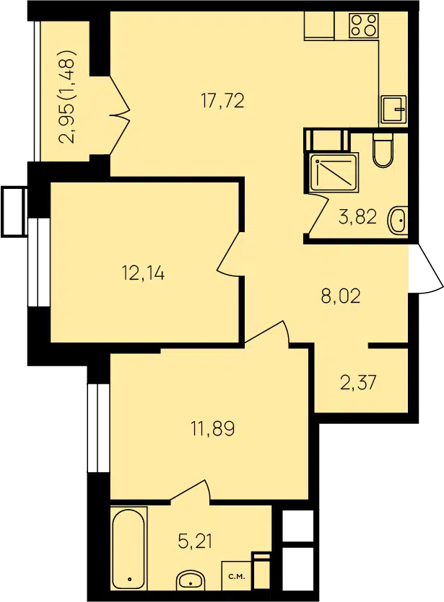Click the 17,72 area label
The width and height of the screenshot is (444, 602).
(x=222, y=102)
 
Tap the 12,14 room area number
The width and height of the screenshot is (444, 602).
(x=143, y=274)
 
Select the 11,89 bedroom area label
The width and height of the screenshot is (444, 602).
(x=213, y=428)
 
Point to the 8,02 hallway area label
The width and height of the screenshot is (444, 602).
(x=341, y=296)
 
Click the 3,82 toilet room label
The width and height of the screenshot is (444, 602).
(x=357, y=218)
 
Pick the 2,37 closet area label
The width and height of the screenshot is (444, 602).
(x=358, y=383)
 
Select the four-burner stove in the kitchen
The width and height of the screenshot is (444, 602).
(x=364, y=25)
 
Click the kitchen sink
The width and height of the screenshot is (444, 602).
(x=393, y=110)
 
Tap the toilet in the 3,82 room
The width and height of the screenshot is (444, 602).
(x=383, y=150)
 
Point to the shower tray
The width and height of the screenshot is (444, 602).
(x=334, y=172)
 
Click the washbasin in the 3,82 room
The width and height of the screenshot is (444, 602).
(x=399, y=221)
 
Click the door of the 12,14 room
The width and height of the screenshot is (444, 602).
(x=230, y=253)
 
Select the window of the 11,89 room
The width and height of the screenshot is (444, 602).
(x=98, y=428)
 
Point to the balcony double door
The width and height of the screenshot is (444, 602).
(x=119, y=115)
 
